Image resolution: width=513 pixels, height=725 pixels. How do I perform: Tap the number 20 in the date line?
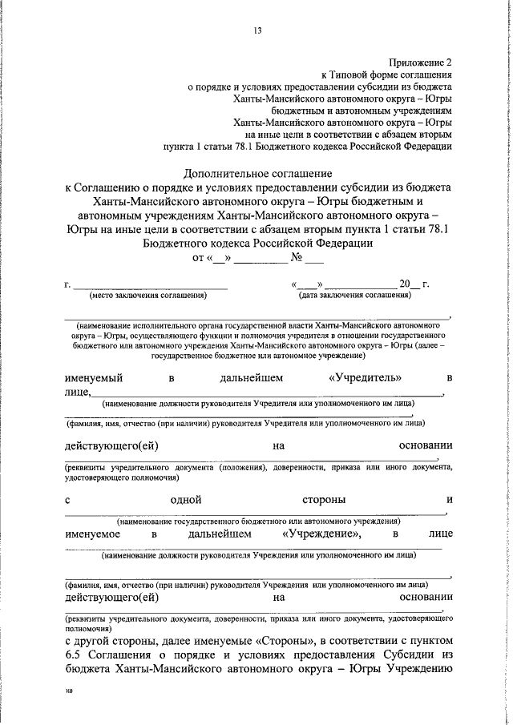click(405, 284)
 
